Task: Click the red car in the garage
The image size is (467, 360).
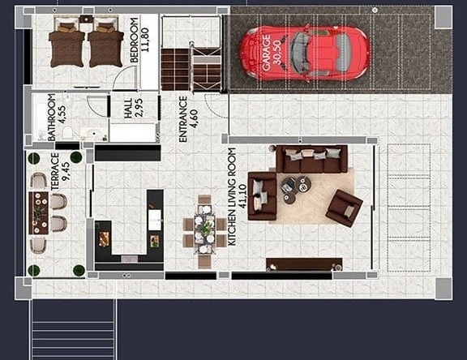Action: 305,54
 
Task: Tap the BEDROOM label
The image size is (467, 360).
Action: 135,40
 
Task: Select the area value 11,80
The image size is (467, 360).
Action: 145,40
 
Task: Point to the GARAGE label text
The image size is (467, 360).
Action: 266,53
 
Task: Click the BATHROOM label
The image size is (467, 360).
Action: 52,117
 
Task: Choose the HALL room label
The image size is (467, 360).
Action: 128,109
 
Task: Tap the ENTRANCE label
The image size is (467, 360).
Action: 183,119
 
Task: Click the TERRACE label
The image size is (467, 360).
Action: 55,172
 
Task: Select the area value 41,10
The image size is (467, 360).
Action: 242,196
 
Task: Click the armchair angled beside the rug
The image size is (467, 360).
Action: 344,208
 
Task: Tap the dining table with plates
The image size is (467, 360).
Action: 204,229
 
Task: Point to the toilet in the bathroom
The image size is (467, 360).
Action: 68,132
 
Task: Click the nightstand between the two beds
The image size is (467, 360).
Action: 87,19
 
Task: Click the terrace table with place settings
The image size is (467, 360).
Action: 38,213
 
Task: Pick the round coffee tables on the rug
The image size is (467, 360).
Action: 296,189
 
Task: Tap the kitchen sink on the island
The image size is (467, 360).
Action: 155,220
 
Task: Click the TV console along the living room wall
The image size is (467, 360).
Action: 304,264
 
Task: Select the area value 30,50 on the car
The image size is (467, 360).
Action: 277,53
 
